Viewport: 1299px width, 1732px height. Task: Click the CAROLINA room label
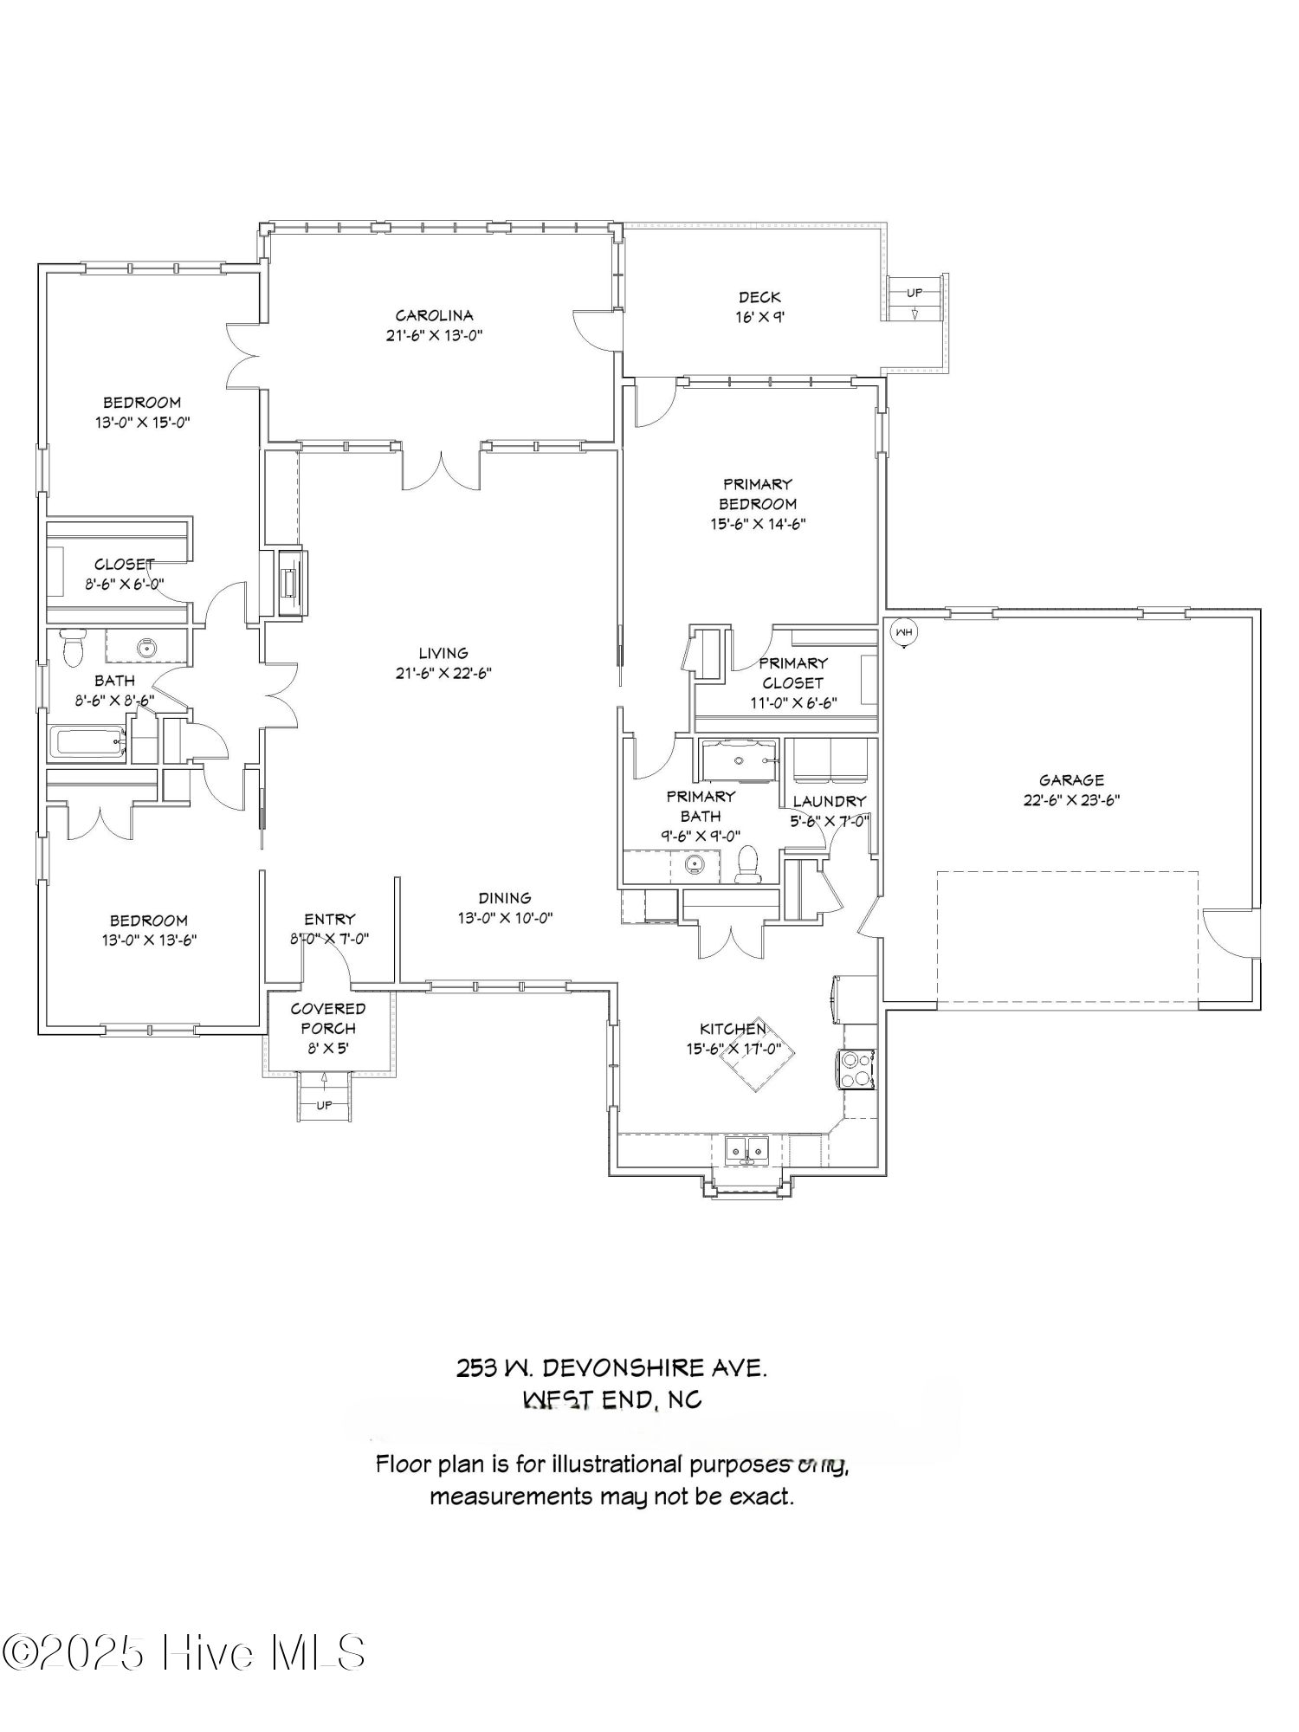coord(434,315)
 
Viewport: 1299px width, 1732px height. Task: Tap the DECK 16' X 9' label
coord(759,307)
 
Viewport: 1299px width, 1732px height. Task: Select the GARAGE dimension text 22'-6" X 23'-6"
coord(1071,800)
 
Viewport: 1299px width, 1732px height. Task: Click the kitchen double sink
coord(747,1150)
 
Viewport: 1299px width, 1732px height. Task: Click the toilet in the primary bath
coord(746,864)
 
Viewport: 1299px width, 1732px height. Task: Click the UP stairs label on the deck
coord(914,293)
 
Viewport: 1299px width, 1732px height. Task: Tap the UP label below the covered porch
coord(324,1105)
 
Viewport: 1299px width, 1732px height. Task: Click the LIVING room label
coord(443,653)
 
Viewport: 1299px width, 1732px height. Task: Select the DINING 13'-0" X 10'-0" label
coord(505,908)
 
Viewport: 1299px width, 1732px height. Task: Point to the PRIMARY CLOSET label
coord(793,673)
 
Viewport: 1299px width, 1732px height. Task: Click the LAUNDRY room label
coord(829,801)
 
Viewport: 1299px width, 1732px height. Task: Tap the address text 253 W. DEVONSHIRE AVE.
coord(611,1368)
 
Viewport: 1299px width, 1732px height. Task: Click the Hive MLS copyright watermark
coord(184,1653)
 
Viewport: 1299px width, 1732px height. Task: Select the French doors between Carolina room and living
coord(442,470)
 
